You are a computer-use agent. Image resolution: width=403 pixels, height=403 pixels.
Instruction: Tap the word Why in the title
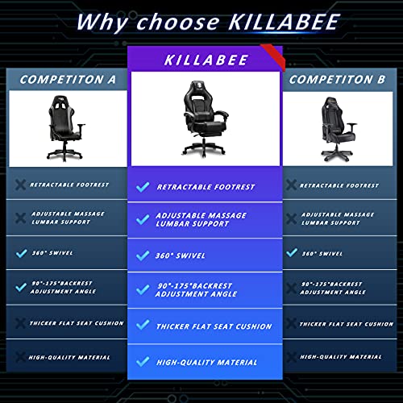coord(107,22)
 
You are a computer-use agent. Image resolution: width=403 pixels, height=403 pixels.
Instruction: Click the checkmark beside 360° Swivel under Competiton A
coord(19,252)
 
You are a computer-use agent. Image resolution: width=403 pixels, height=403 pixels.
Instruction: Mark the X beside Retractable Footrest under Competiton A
coord(19,185)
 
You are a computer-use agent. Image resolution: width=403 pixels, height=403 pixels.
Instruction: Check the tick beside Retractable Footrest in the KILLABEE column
coord(143,186)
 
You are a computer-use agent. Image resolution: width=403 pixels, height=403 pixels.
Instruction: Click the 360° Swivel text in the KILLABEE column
coord(182,256)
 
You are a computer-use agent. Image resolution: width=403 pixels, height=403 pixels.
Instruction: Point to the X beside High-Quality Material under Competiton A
coord(19,355)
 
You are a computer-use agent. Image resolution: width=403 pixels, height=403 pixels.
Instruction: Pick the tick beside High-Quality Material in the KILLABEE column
coord(143,362)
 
